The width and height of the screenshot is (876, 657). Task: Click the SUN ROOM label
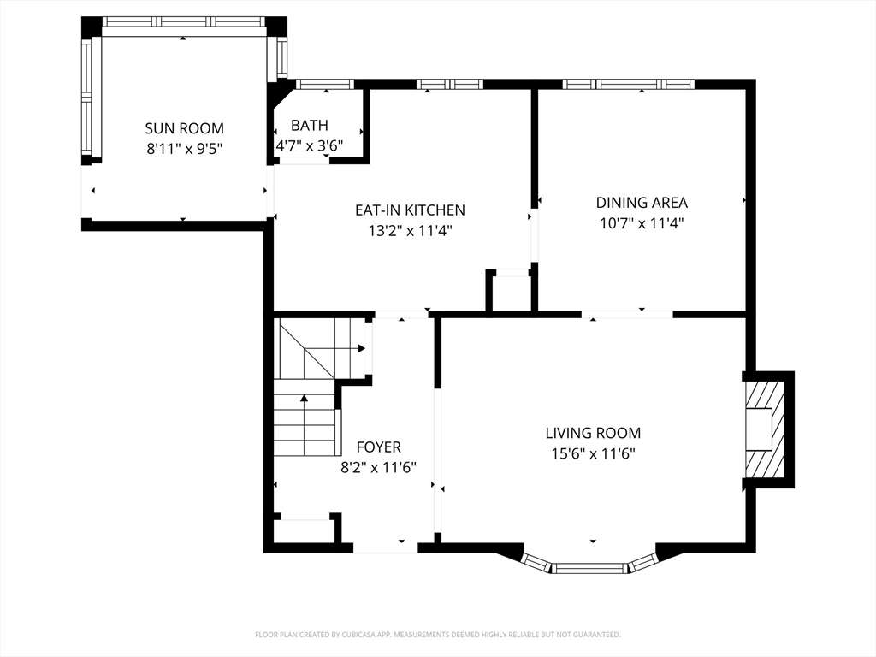coord(184,128)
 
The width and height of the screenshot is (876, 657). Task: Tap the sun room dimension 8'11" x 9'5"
coord(184,148)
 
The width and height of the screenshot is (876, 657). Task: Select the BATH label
coord(309,126)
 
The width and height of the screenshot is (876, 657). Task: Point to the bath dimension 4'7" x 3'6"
coord(309,145)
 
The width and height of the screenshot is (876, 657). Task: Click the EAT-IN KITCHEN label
coord(410,210)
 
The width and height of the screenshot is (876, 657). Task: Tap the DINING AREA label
coord(642,203)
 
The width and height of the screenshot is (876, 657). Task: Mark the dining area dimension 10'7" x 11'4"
coord(642,222)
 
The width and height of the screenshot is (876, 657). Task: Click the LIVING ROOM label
coord(593,433)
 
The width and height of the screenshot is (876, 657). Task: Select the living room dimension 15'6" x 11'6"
coord(593,453)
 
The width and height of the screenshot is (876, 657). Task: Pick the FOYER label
coord(378,447)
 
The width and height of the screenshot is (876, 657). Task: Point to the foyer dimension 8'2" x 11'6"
coord(378,467)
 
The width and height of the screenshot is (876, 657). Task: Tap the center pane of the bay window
coord(589,567)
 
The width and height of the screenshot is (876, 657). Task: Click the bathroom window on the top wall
coord(324,84)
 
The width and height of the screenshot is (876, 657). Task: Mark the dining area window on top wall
coord(628,84)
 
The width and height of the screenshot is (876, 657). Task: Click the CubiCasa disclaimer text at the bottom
coord(437,635)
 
